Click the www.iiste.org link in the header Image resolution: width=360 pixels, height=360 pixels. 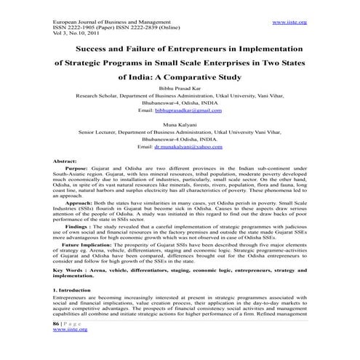click(x=289, y=23)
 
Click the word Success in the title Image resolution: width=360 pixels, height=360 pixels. click(x=97, y=48)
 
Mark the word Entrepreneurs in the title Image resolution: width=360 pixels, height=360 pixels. click(x=210, y=48)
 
